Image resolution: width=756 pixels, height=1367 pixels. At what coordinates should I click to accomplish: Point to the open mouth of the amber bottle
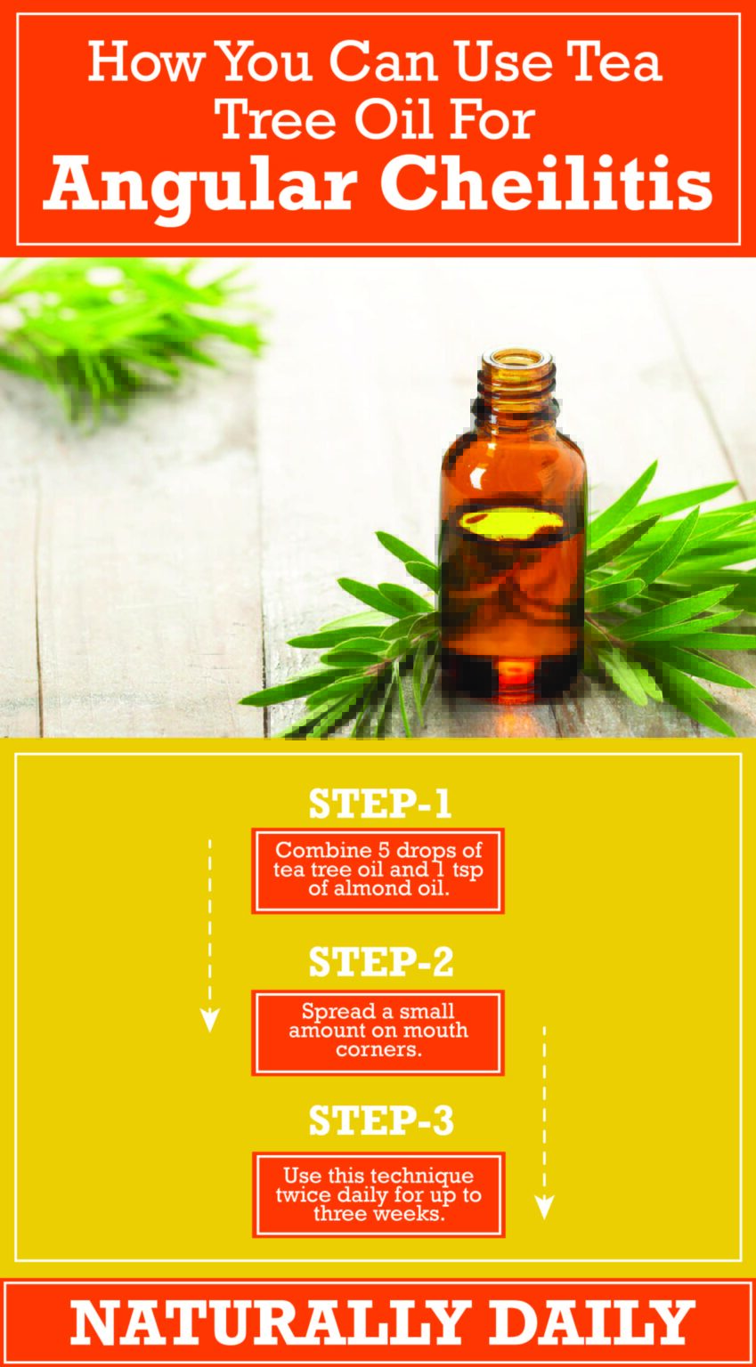(x=517, y=360)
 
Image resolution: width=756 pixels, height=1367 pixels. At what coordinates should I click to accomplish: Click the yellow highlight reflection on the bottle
(x=513, y=524)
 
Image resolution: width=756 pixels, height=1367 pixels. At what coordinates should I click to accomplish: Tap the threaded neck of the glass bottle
(x=517, y=392)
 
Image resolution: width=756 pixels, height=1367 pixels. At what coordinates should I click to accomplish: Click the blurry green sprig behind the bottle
(x=125, y=329)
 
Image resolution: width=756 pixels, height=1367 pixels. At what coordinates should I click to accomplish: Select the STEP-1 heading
(x=380, y=804)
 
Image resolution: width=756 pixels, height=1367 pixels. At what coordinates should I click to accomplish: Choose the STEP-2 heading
(x=380, y=962)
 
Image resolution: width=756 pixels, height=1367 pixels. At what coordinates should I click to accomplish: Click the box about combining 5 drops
(x=378, y=870)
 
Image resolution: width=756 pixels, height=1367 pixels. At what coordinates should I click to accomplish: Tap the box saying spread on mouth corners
(x=378, y=1031)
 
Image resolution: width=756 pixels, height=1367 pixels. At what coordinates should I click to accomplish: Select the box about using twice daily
(x=378, y=1194)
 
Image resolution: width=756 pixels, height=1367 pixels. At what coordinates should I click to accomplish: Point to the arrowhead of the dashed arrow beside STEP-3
(x=544, y=1207)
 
